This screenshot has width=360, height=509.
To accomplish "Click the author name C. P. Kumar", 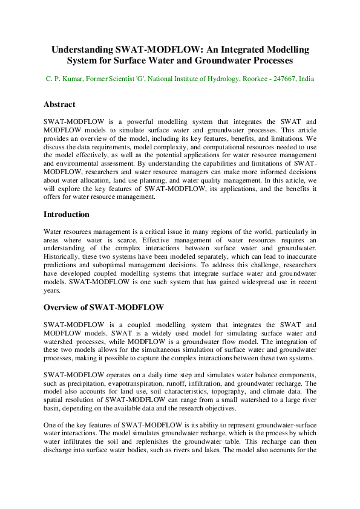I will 64,79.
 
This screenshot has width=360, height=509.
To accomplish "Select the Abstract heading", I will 59,105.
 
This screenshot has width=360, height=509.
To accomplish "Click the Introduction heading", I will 67,215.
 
